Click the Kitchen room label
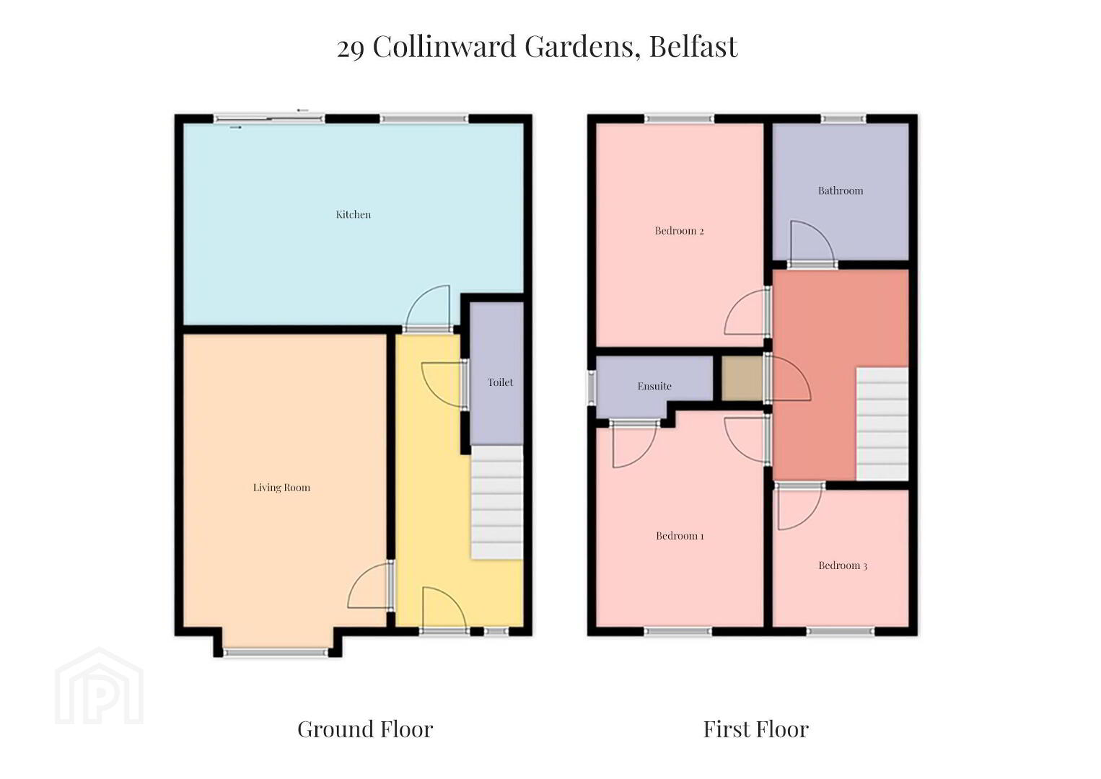pyautogui.click(x=353, y=214)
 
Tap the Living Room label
pyautogui.click(x=281, y=488)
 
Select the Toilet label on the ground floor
pyautogui.click(x=500, y=382)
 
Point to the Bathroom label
pyautogui.click(x=841, y=190)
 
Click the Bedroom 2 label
pyautogui.click(x=679, y=231)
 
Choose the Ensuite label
pyautogui.click(x=654, y=387)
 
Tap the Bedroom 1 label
pyautogui.click(x=680, y=536)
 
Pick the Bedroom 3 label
pyautogui.click(x=843, y=565)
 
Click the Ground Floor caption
pyautogui.click(x=365, y=729)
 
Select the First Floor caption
pyautogui.click(x=756, y=729)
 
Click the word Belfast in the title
pyautogui.click(x=693, y=47)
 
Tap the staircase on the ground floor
pyautogui.click(x=496, y=502)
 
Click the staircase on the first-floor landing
pyautogui.click(x=882, y=423)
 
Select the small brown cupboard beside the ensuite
pyautogui.click(x=742, y=379)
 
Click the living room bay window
pyautogui.click(x=276, y=653)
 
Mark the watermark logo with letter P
pyautogui.click(x=100, y=686)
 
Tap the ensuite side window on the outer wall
pyautogui.click(x=592, y=388)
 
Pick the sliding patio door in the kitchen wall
pyautogui.click(x=269, y=118)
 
